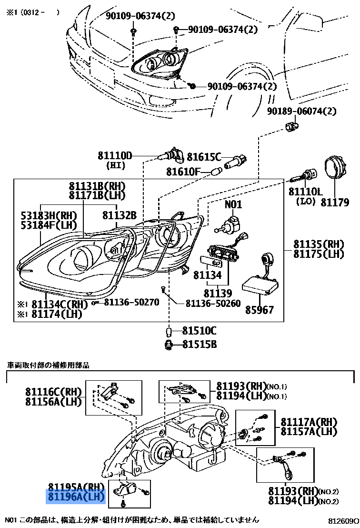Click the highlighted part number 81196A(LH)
coord(74,498)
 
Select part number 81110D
coord(115,155)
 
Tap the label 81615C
coord(204,157)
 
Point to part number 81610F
coord(183,172)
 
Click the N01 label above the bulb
coord(233,205)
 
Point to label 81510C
coord(199,331)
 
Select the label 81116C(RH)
coord(54,392)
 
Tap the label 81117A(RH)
coord(309,422)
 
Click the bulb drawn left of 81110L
coord(302,178)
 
